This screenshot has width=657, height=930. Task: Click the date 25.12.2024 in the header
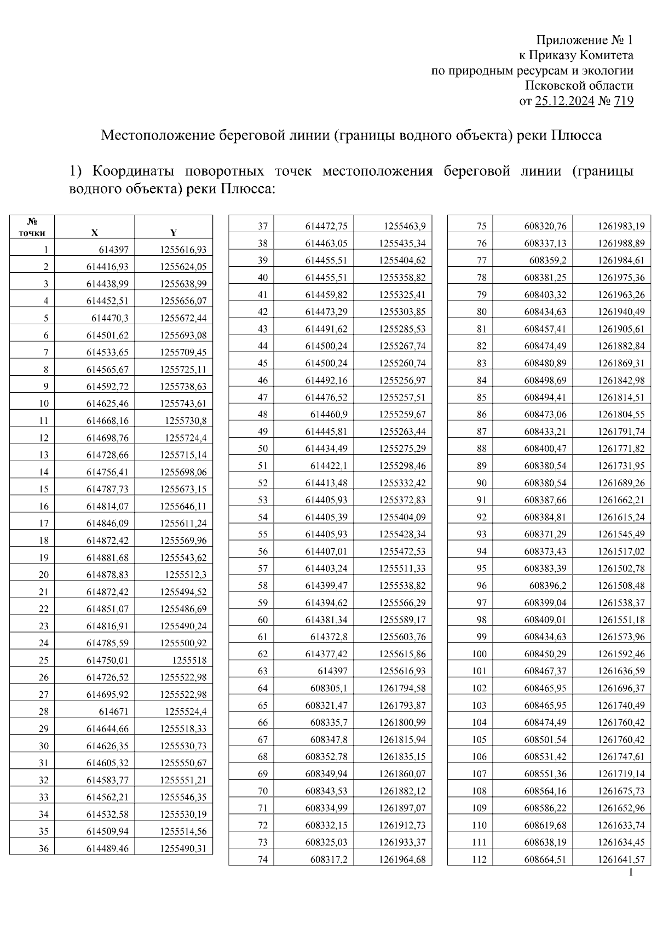(564, 101)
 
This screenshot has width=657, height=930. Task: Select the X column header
(95, 233)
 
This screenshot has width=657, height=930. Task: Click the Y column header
(174, 233)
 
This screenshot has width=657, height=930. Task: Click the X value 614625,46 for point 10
(107, 404)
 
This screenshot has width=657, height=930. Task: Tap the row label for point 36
(44, 848)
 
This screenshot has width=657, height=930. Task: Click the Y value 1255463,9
(405, 226)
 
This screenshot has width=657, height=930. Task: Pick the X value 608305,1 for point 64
(328, 688)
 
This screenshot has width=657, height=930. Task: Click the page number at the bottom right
(631, 873)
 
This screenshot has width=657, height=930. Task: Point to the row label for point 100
(479, 654)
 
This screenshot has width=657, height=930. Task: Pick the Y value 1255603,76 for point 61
(402, 637)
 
